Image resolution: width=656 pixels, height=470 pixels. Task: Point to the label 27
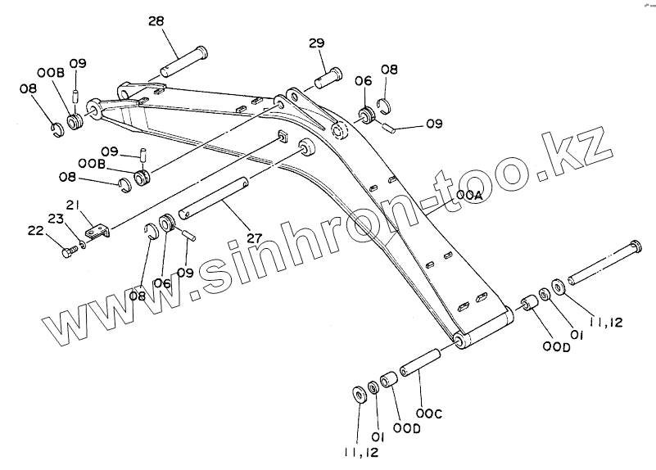tap(254, 238)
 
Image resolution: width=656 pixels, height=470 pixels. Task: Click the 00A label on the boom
tap(468, 196)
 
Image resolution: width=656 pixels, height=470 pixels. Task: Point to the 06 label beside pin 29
tap(363, 80)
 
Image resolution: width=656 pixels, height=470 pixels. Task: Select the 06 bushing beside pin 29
tap(365, 112)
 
